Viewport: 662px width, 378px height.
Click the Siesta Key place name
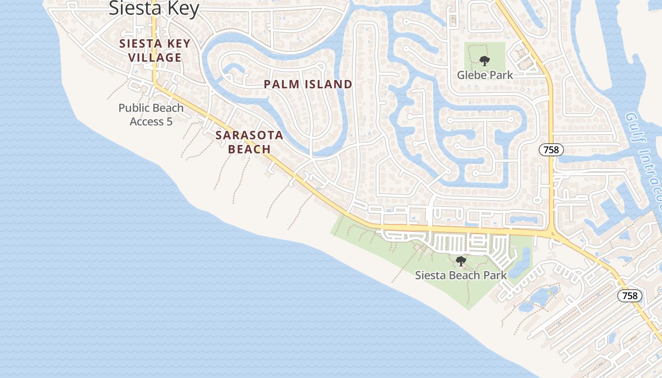pyautogui.click(x=154, y=8)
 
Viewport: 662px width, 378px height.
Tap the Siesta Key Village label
pyautogui.click(x=155, y=51)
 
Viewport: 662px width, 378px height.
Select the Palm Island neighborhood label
pyautogui.click(x=308, y=85)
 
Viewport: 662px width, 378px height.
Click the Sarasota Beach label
pyautogui.click(x=249, y=142)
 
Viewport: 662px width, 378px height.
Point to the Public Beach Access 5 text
pyautogui.click(x=151, y=114)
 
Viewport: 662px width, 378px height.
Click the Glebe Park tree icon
pyautogui.click(x=484, y=60)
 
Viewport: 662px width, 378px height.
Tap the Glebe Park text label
pyautogui.click(x=485, y=75)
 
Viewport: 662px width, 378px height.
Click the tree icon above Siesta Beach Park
pyautogui.click(x=461, y=261)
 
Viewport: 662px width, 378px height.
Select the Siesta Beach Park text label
pyautogui.click(x=461, y=275)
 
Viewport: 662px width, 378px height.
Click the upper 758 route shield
pyautogui.click(x=551, y=150)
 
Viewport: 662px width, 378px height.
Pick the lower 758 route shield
pyautogui.click(x=630, y=296)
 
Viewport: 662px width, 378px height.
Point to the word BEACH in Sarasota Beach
pyautogui.click(x=249, y=149)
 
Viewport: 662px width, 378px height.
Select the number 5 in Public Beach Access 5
pyautogui.click(x=169, y=121)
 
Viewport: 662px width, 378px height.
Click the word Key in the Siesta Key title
pyautogui.click(x=182, y=8)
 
